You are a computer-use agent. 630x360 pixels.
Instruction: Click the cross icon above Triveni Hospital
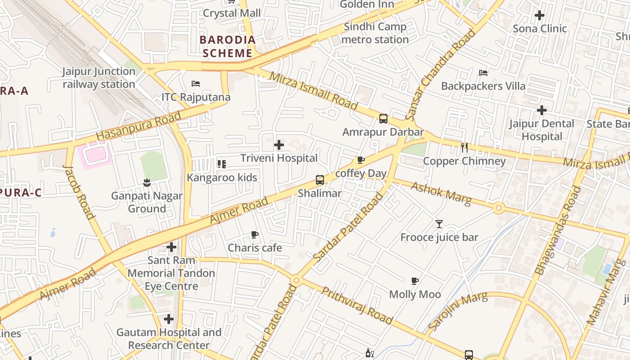279,145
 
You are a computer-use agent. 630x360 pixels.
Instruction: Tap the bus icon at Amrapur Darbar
383,119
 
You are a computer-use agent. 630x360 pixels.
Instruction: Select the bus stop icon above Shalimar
320,180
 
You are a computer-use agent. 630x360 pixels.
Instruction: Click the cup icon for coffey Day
360,160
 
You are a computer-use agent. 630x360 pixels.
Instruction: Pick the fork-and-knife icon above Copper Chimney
464,147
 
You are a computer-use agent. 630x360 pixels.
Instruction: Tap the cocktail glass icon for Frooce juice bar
439,224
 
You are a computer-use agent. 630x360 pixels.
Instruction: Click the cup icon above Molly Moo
415,281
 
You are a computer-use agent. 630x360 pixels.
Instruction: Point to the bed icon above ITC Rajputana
196,84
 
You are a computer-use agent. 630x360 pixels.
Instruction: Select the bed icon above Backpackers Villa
483,72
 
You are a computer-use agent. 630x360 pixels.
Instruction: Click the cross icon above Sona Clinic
540,15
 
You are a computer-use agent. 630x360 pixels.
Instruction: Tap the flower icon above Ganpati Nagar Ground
147,182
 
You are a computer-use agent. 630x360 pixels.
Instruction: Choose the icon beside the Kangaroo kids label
221,164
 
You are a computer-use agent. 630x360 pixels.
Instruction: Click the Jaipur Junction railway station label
99,78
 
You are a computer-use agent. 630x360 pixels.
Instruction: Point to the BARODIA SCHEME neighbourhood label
227,46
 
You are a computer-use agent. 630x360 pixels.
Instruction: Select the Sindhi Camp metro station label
375,33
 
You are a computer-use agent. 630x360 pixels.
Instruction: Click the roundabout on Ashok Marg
498,208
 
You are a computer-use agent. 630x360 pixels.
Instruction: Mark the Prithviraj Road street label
357,306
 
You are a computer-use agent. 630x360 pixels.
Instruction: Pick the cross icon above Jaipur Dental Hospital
542,110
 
